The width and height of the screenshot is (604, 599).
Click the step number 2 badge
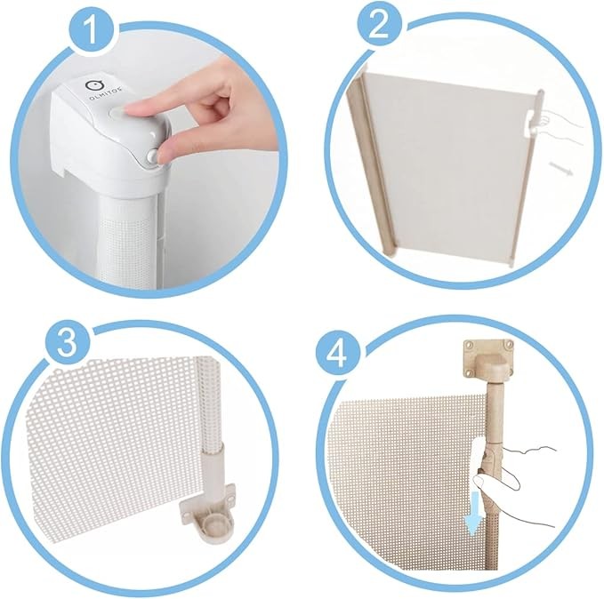(379, 27)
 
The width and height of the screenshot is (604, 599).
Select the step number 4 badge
(338, 354)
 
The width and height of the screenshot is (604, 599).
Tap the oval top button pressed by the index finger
(118, 112)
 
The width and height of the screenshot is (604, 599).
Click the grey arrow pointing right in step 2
(561, 168)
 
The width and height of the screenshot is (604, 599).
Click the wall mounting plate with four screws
(488, 359)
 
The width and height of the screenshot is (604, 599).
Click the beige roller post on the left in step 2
(371, 166)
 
